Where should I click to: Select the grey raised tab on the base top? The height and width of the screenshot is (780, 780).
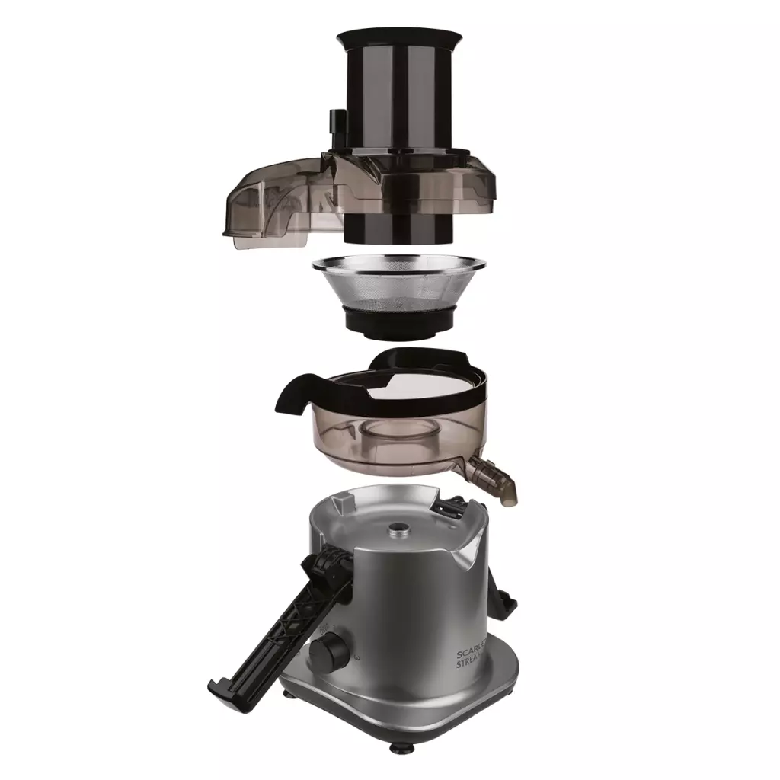[x=344, y=502]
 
